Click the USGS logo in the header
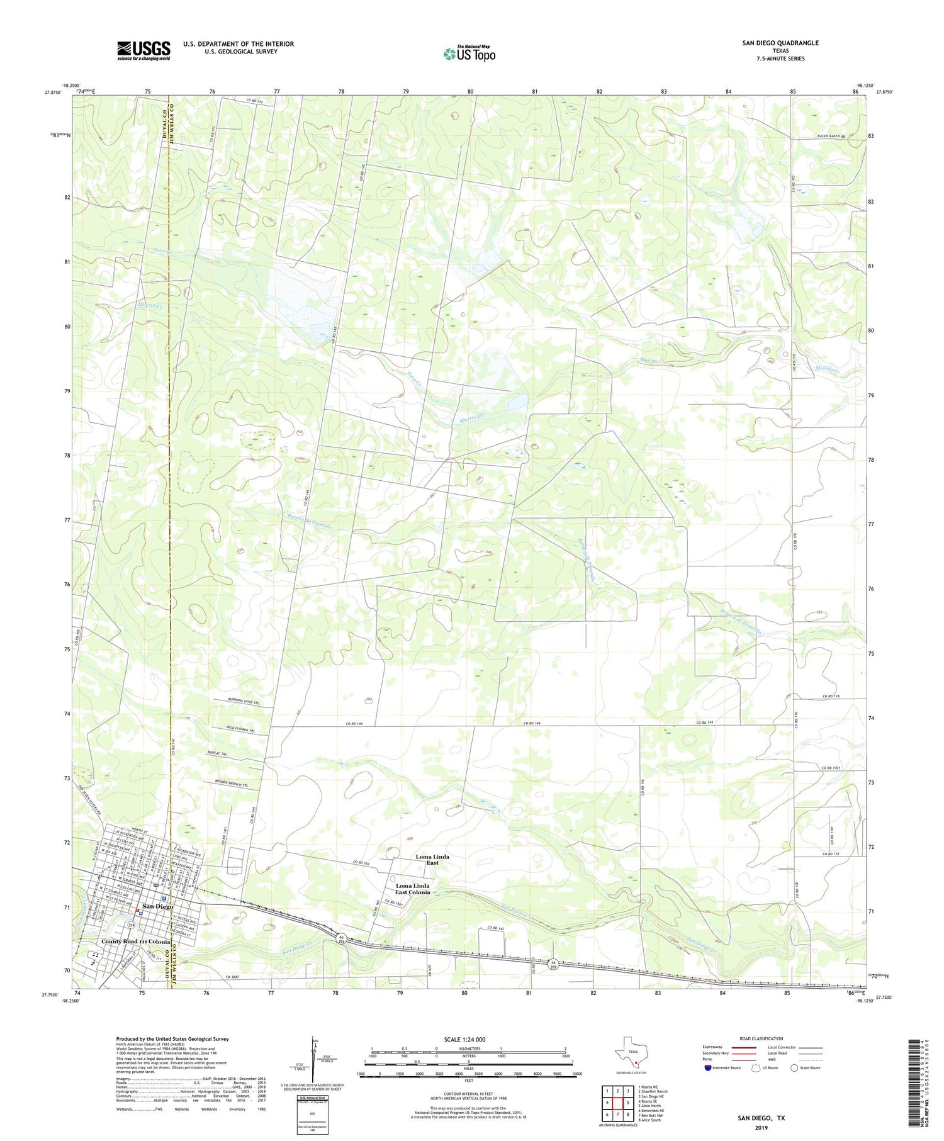[x=143, y=50]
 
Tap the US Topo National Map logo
[x=469, y=53]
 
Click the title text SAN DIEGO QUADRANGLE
[x=780, y=43]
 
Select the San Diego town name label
[x=157, y=906]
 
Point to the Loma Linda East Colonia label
[x=412, y=889]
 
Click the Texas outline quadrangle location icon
[x=630, y=1054]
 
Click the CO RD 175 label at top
[x=245, y=101]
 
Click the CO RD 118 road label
[x=831, y=697]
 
